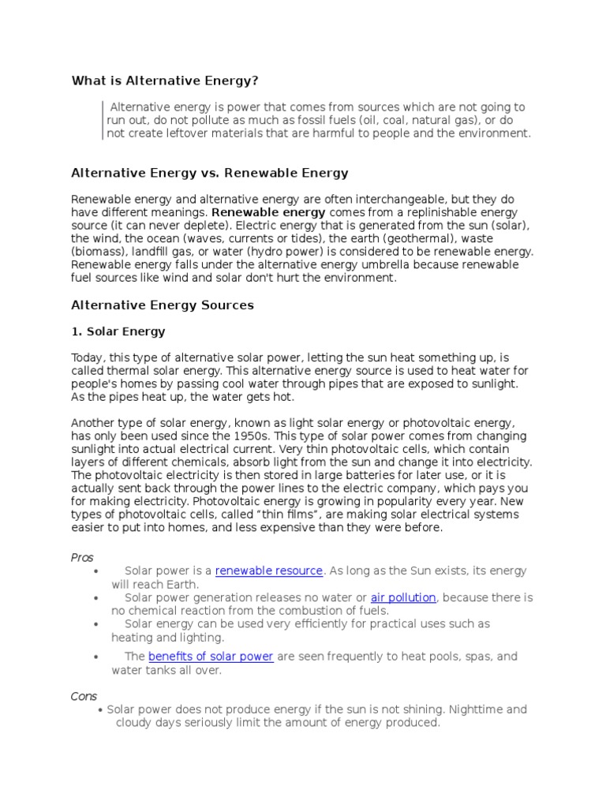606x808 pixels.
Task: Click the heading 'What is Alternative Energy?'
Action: [x=165, y=80]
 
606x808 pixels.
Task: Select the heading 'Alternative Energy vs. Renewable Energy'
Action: [x=209, y=173]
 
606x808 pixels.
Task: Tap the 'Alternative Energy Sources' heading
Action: [x=163, y=305]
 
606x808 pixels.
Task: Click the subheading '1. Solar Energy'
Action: [x=118, y=332]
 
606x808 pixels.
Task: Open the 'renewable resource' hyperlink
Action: [x=269, y=570]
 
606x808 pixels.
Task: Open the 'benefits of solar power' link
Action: [x=211, y=656]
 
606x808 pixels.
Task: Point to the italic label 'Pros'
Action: [x=82, y=557]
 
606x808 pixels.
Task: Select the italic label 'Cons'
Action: [x=84, y=696]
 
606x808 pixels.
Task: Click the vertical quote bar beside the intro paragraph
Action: [x=102, y=121]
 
